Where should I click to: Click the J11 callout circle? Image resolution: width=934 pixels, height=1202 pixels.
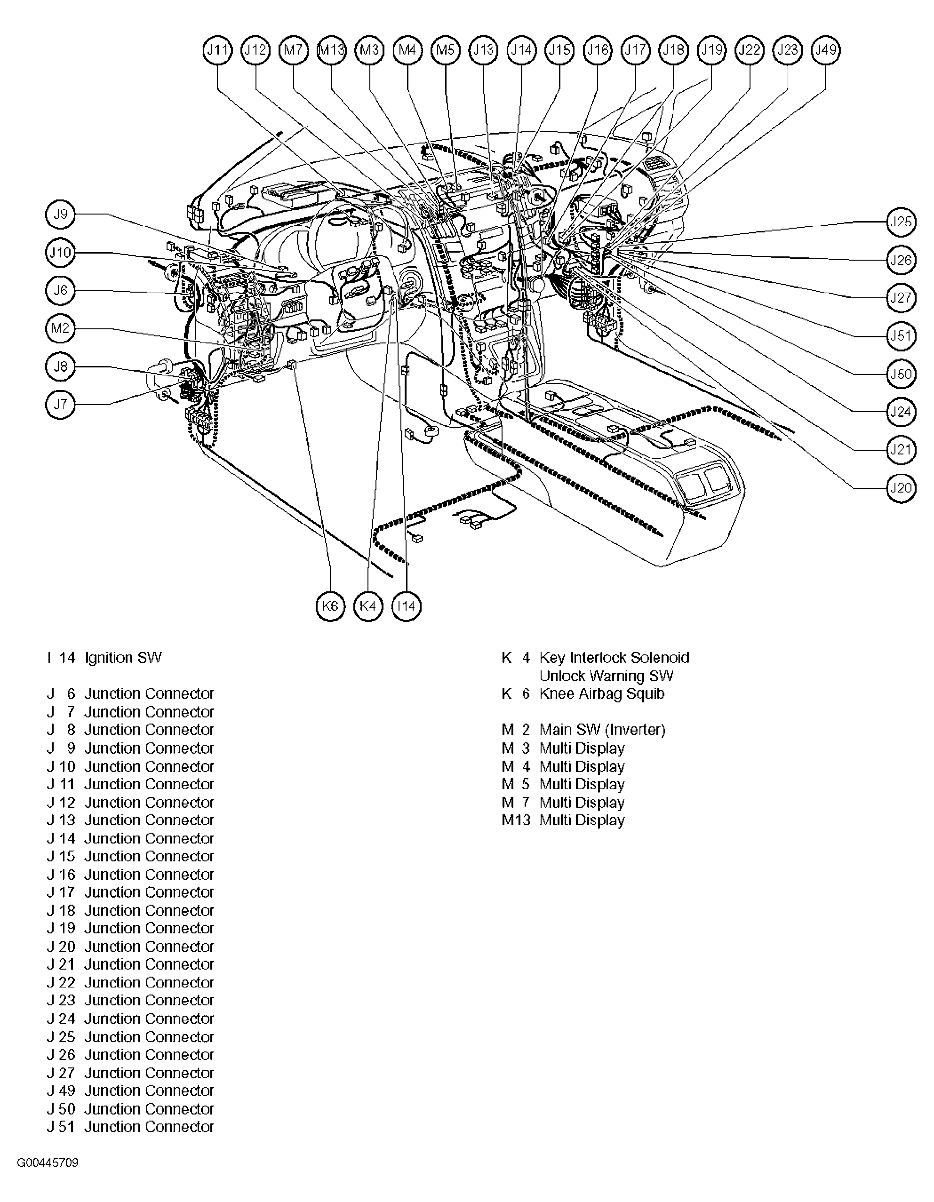click(217, 50)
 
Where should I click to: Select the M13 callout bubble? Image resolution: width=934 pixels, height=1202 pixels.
click(331, 50)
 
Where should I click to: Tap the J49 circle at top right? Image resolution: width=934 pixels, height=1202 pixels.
click(826, 50)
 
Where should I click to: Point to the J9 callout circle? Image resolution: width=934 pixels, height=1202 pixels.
click(60, 214)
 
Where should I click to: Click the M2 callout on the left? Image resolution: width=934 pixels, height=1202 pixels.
click(60, 328)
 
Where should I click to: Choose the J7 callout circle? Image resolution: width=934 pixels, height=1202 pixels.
click(60, 405)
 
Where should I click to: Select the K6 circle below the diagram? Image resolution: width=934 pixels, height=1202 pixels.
click(330, 606)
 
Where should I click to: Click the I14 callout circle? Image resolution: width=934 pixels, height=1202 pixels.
click(406, 606)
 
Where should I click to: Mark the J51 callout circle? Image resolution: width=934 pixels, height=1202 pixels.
click(901, 336)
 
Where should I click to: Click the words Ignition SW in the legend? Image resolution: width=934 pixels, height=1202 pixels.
click(123, 658)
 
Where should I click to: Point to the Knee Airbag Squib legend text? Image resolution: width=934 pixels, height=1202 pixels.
click(601, 693)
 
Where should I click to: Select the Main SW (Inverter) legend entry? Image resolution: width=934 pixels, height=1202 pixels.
click(602, 730)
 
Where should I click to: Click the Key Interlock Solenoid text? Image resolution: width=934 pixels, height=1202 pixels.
click(614, 658)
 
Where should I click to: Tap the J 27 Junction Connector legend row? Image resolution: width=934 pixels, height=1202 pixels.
click(130, 1073)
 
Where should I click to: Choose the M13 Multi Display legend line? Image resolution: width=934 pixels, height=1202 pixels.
click(563, 820)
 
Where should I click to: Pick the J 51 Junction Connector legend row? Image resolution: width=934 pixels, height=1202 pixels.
click(130, 1127)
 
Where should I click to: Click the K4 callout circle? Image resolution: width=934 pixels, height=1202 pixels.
click(367, 606)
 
